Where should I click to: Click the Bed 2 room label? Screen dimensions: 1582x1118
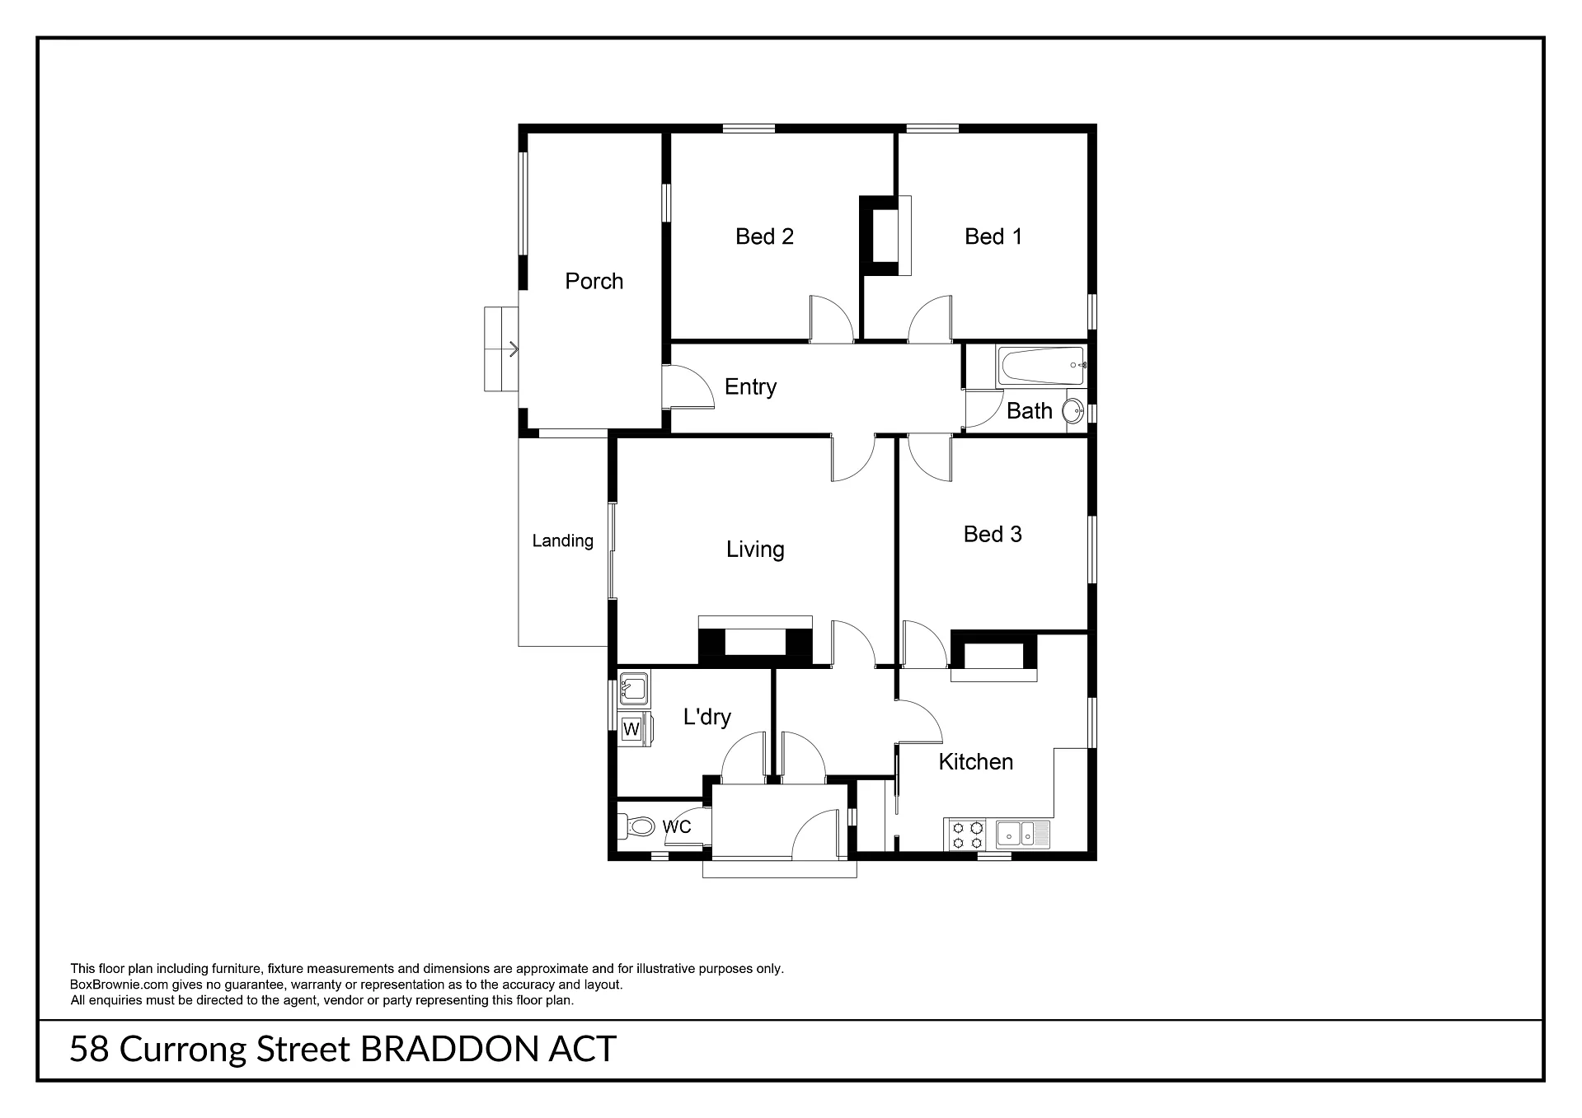(764, 236)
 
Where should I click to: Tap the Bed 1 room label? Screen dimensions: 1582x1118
(993, 236)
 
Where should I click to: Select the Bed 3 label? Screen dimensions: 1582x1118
(993, 534)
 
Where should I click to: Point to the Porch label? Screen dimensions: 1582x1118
(594, 281)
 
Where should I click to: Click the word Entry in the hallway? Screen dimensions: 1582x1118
(750, 387)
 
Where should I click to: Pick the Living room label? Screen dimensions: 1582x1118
(755, 550)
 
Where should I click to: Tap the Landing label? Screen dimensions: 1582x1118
(562, 541)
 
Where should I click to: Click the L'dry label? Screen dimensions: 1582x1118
(707, 717)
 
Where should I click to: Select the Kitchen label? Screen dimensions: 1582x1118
(976, 761)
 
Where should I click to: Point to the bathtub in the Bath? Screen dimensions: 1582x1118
(1041, 367)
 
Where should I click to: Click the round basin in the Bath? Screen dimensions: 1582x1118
(1073, 411)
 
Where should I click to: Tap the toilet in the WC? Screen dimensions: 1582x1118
(636, 825)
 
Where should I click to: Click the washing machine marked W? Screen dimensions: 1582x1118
(635, 729)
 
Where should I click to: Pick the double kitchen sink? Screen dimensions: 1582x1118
(1023, 834)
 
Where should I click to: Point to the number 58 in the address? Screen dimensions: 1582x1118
(89, 1050)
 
